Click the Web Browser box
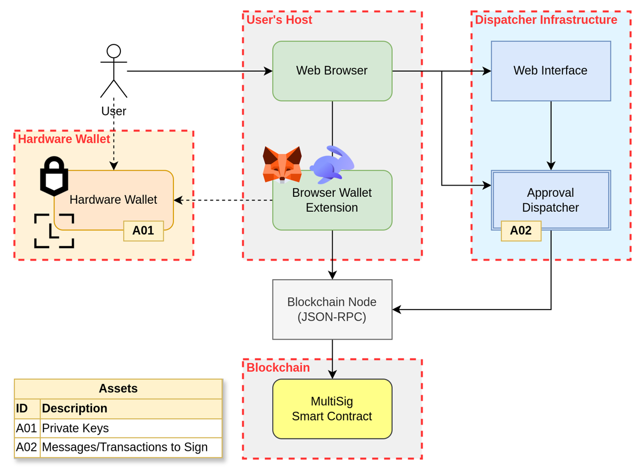(x=332, y=71)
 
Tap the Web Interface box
(x=551, y=71)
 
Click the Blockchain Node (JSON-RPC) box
(x=332, y=309)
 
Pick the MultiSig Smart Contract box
(x=332, y=409)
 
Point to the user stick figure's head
(x=113, y=51)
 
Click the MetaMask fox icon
(x=282, y=164)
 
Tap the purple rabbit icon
(x=332, y=164)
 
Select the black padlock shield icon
(x=54, y=176)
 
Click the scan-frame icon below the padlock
(x=54, y=231)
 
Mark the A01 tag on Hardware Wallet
(x=143, y=231)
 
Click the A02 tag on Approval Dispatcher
(x=521, y=231)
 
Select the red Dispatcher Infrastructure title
(x=546, y=20)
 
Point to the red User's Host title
(x=279, y=20)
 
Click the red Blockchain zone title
(x=278, y=367)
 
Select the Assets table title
(x=118, y=388)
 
